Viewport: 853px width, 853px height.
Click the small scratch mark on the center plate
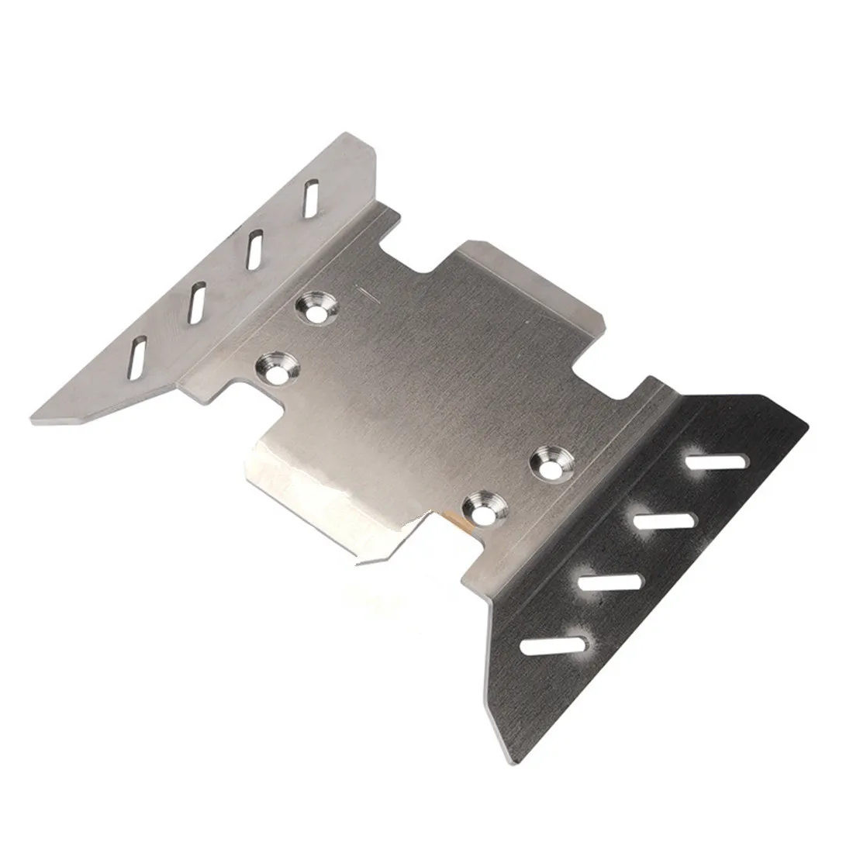click(x=365, y=291)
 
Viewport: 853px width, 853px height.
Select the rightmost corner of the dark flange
click(x=806, y=423)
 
